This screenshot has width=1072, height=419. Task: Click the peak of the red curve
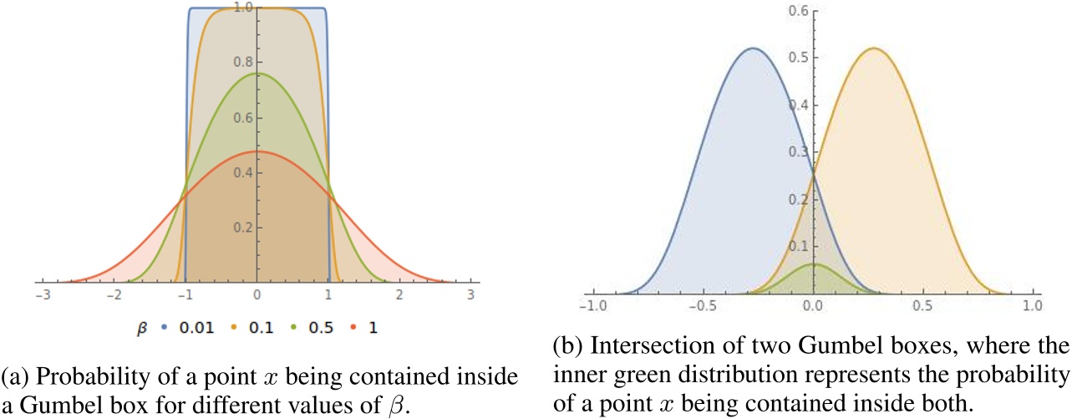coord(257,151)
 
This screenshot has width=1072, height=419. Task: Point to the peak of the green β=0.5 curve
coord(257,74)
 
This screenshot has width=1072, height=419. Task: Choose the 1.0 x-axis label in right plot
coord(1033,306)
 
